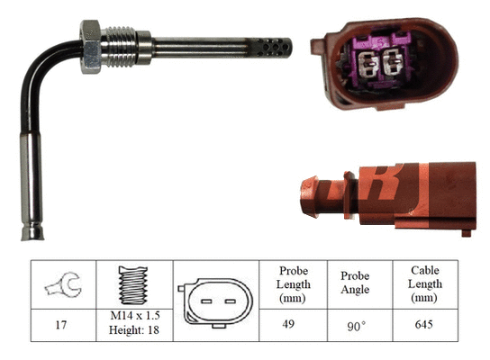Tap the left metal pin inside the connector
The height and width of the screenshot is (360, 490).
coord(366,64)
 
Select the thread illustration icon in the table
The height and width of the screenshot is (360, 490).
coord(132,286)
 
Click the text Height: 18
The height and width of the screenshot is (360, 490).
coord(132,332)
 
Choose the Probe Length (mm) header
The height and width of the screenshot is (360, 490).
coord(293,285)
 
